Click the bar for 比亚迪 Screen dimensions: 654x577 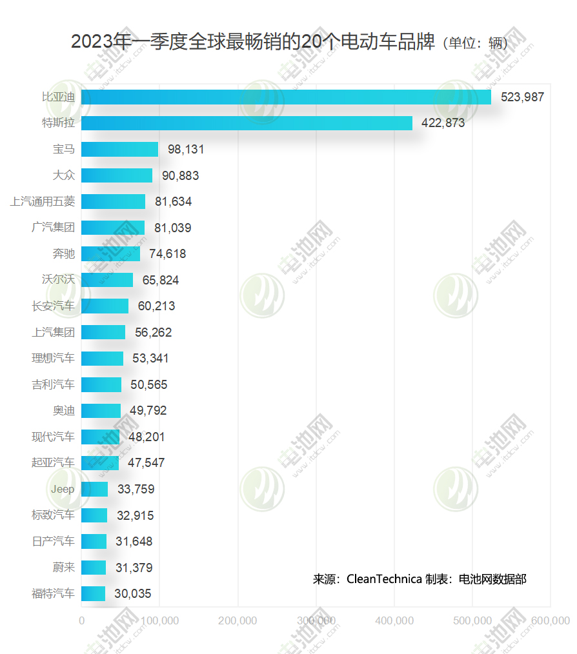(286, 97)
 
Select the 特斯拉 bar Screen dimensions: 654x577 (247, 123)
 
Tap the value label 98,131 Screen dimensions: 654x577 (186, 150)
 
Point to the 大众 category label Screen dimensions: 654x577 (63, 175)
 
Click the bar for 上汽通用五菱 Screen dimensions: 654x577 (113, 202)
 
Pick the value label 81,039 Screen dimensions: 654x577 (172, 228)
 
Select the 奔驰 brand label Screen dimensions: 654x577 (63, 254)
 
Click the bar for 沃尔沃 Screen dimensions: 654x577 (107, 280)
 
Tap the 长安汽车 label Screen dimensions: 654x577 (53, 306)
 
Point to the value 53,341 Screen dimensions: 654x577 (150, 359)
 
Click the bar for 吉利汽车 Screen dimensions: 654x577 (101, 384)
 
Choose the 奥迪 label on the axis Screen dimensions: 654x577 (63, 411)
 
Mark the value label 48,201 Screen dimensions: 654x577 (147, 437)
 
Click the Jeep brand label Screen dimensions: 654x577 (63, 489)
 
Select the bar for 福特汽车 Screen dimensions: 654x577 (93, 593)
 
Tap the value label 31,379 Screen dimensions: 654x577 (134, 568)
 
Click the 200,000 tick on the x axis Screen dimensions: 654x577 (238, 621)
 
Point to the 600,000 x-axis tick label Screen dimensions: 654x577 (551, 621)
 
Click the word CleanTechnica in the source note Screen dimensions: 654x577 (384, 579)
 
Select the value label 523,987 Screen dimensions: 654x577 (522, 97)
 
